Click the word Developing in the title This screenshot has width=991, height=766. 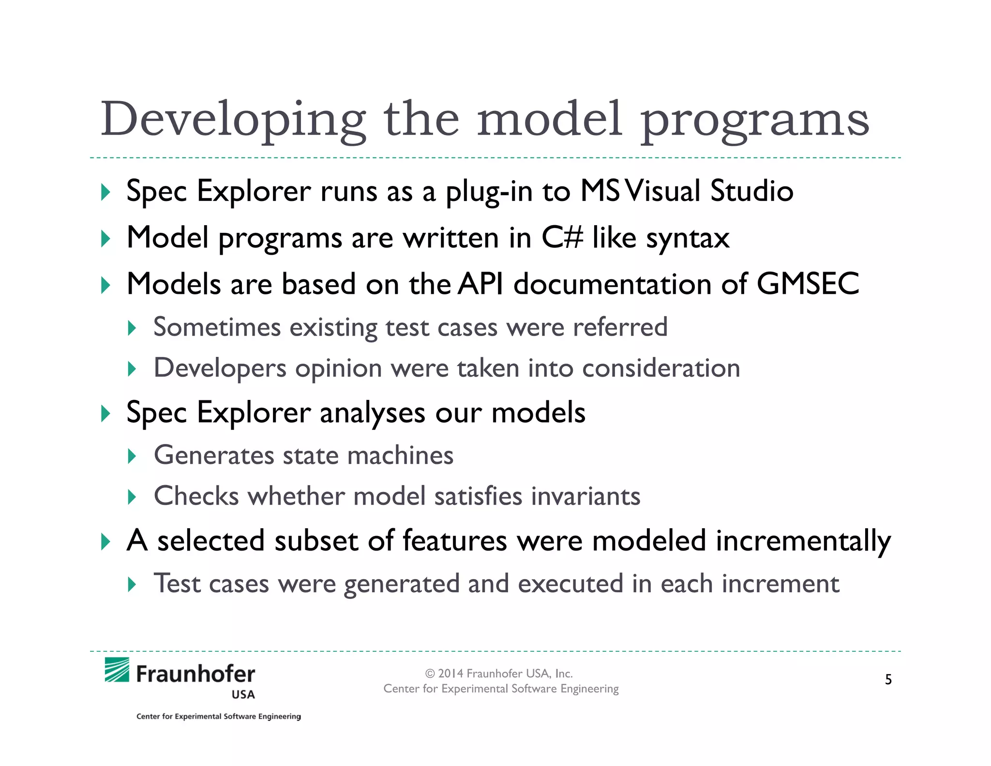pos(233,120)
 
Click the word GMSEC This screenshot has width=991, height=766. pos(808,284)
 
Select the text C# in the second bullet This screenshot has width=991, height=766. pos(562,238)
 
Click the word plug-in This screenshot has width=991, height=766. pos(489,192)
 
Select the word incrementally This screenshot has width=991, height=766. pos(803,541)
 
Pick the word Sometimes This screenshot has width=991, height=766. pos(217,327)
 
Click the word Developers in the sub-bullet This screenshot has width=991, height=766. pos(220,368)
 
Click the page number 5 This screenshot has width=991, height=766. pos(888,680)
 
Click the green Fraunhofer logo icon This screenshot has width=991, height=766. pos(117,670)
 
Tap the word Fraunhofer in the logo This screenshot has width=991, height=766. pos(195,674)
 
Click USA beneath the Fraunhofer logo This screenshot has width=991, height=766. pos(243,695)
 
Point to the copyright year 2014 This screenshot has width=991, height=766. pos(450,674)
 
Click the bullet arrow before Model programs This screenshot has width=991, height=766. pos(105,239)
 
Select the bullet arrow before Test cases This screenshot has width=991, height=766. pos(132,584)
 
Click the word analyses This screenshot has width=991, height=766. pos(372,413)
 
